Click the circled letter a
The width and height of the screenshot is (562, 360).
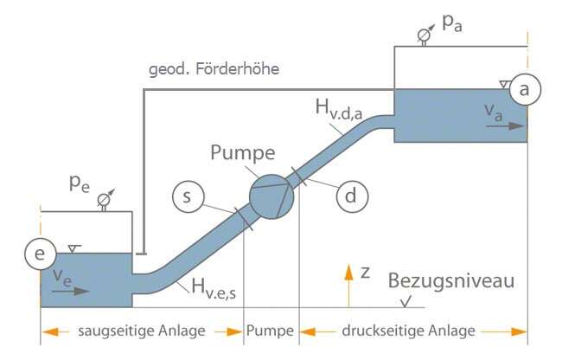525,88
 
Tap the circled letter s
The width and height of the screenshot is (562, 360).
186,197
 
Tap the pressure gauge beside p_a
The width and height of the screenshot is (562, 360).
424,35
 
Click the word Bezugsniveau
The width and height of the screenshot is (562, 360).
451,281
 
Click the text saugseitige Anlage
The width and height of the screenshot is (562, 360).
142,331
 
